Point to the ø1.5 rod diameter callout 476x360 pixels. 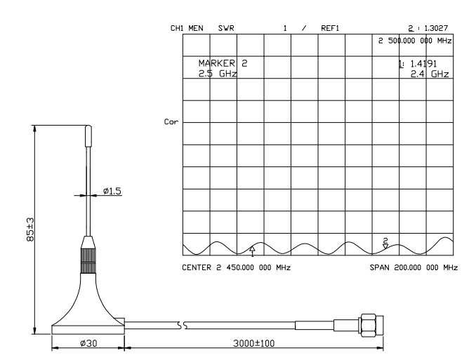[112, 190]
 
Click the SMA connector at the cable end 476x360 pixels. [370, 324]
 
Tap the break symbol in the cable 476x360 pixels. [184, 325]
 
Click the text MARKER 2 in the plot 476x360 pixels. [223, 62]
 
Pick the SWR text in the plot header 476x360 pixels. [225, 29]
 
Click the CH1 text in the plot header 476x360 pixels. [177, 29]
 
